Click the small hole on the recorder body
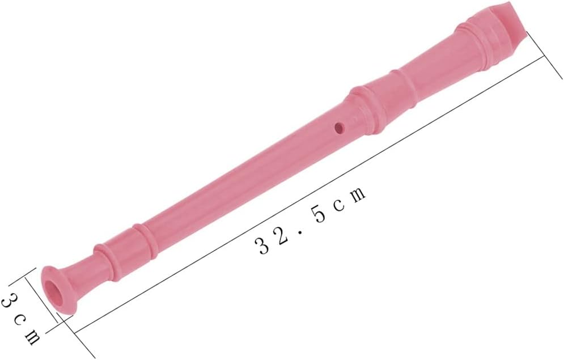point(340,127)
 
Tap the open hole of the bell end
point(56,293)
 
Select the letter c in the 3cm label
point(19,320)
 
